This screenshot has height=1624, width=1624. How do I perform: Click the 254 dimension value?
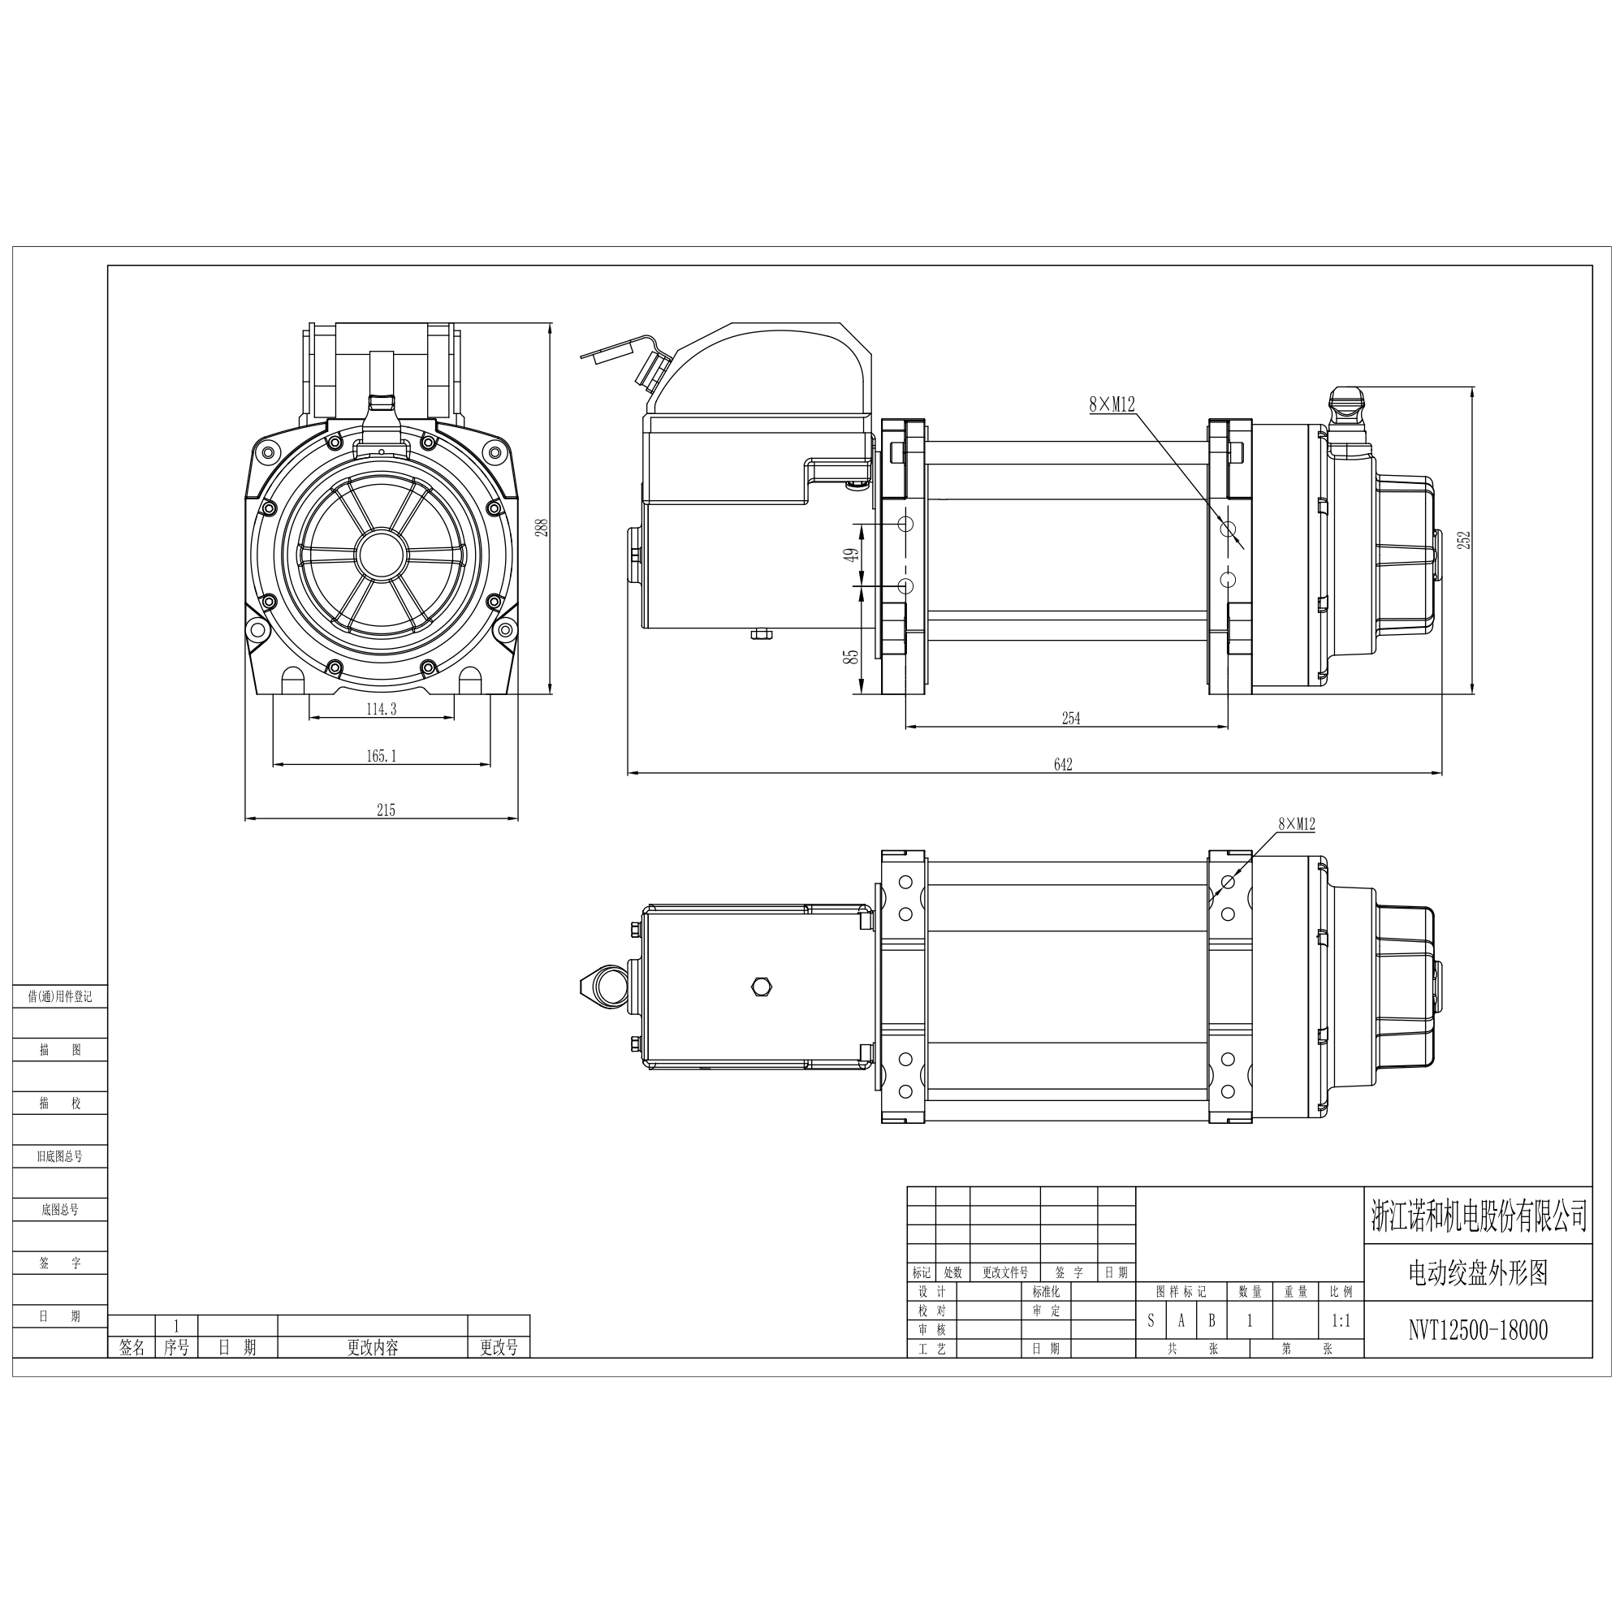click(x=1070, y=718)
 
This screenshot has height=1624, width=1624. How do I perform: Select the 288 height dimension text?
click(x=542, y=527)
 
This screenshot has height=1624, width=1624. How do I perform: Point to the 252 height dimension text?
click(x=1463, y=540)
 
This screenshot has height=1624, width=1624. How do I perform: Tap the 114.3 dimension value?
click(x=381, y=709)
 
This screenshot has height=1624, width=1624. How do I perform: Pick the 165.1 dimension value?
click(x=381, y=756)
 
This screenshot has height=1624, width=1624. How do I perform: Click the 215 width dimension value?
click(x=385, y=810)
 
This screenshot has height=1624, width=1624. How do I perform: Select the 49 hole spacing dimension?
click(x=852, y=555)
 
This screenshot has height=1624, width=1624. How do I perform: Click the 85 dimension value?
click(x=853, y=656)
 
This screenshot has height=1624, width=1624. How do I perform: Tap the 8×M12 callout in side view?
click(x=1112, y=404)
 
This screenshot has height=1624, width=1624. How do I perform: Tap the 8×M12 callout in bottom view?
click(x=1296, y=825)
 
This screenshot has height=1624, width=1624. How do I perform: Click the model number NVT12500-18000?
click(x=1478, y=1330)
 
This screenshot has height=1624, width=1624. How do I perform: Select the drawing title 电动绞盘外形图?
click(x=1478, y=1272)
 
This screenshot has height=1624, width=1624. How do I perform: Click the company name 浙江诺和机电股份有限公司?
click(x=1478, y=1216)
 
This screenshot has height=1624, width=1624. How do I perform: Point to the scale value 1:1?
click(x=1341, y=1320)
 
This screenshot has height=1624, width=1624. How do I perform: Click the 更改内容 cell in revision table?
click(x=373, y=1347)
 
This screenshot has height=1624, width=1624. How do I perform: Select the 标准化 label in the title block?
click(x=1046, y=1291)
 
